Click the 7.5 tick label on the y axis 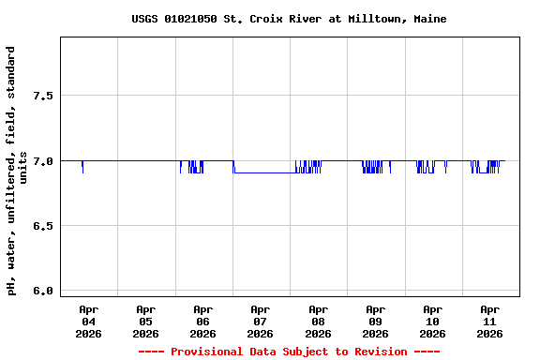41,96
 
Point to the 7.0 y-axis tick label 41,160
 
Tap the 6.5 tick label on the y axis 41,226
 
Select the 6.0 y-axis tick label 41,291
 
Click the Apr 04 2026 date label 88,321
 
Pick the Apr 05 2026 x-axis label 145,321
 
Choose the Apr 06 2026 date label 202,321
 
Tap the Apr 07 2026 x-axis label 260,321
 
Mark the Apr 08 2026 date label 318,321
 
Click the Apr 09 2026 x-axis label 375,321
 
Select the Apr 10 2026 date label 432,321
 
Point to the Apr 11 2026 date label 489,321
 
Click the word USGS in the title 144,19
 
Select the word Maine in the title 402,19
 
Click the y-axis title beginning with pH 17,169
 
